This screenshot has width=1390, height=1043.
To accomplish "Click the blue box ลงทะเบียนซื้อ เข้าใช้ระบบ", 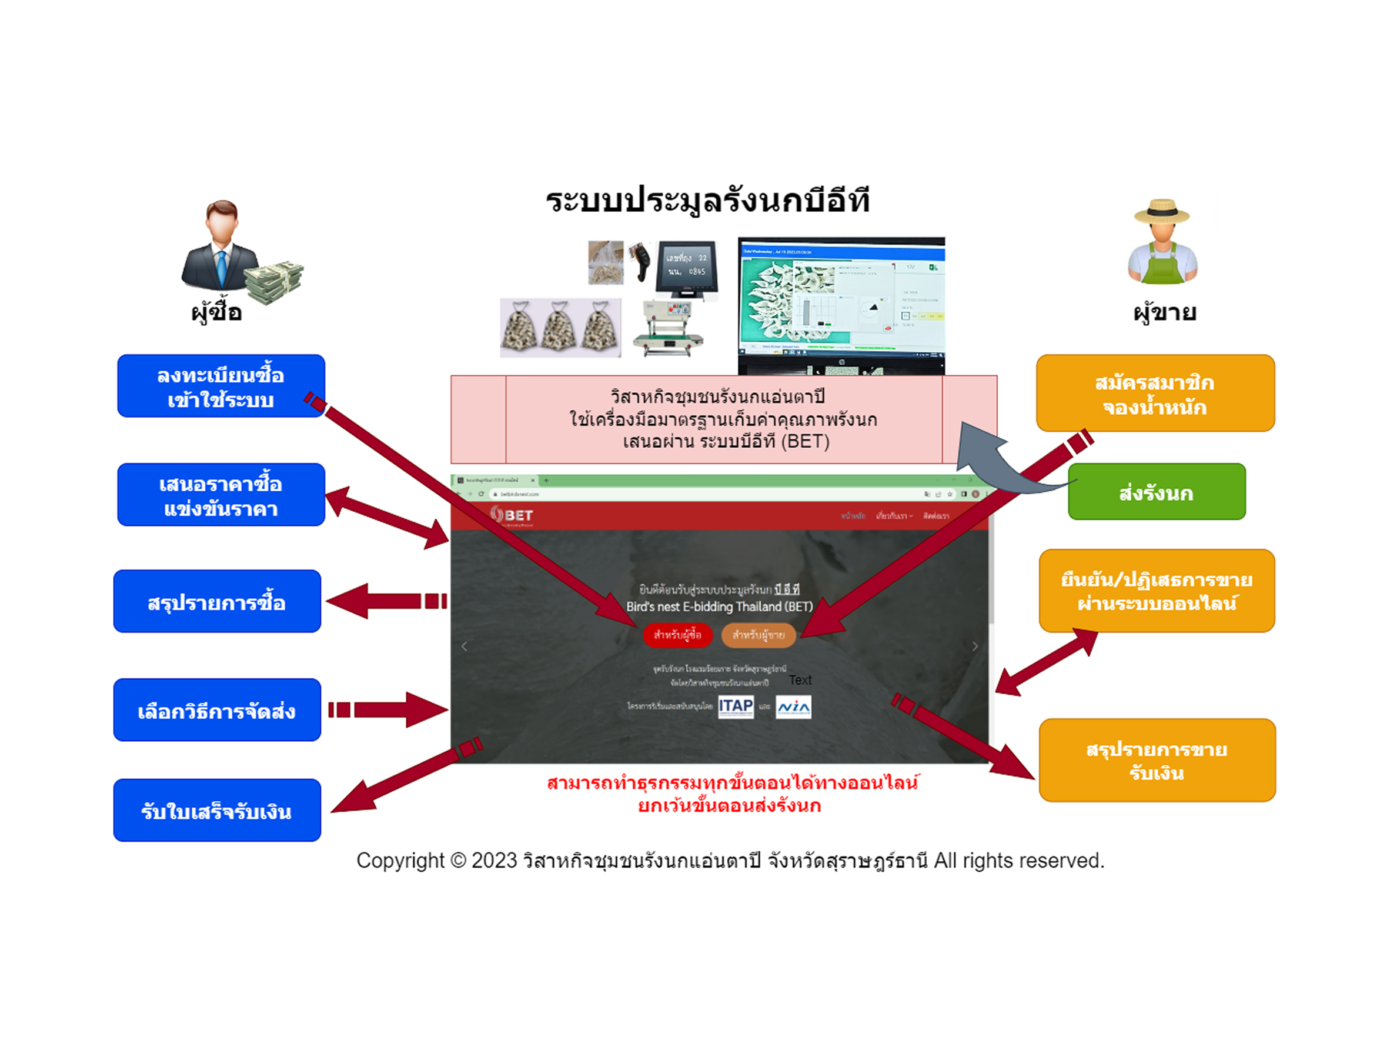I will (x=220, y=385).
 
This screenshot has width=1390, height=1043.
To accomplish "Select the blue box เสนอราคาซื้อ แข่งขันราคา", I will (x=220, y=495).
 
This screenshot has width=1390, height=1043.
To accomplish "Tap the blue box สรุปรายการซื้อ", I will (x=217, y=602).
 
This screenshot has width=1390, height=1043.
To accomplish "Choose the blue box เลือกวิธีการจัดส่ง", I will (x=217, y=710).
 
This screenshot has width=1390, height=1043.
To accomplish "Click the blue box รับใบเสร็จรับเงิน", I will (x=217, y=811).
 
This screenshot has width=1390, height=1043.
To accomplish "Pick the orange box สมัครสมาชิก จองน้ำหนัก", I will (x=1155, y=393).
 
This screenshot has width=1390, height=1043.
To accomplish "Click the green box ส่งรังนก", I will (x=1156, y=492).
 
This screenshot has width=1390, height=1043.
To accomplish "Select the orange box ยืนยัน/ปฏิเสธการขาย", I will (x=1156, y=591).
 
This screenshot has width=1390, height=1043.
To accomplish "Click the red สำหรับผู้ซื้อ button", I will (x=677, y=635).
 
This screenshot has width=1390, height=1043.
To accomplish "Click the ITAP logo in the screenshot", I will (x=736, y=707).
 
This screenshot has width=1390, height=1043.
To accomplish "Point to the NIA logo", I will (x=793, y=707).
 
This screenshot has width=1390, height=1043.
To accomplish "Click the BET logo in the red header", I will (x=512, y=515).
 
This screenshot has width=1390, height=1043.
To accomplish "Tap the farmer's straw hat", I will (x=1162, y=212).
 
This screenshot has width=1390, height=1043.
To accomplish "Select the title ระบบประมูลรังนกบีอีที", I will (x=707, y=201).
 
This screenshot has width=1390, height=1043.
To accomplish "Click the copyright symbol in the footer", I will (x=458, y=860).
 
